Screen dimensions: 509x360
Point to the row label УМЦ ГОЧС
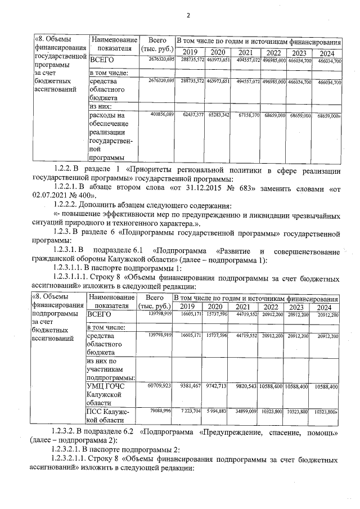pos(106,386)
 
